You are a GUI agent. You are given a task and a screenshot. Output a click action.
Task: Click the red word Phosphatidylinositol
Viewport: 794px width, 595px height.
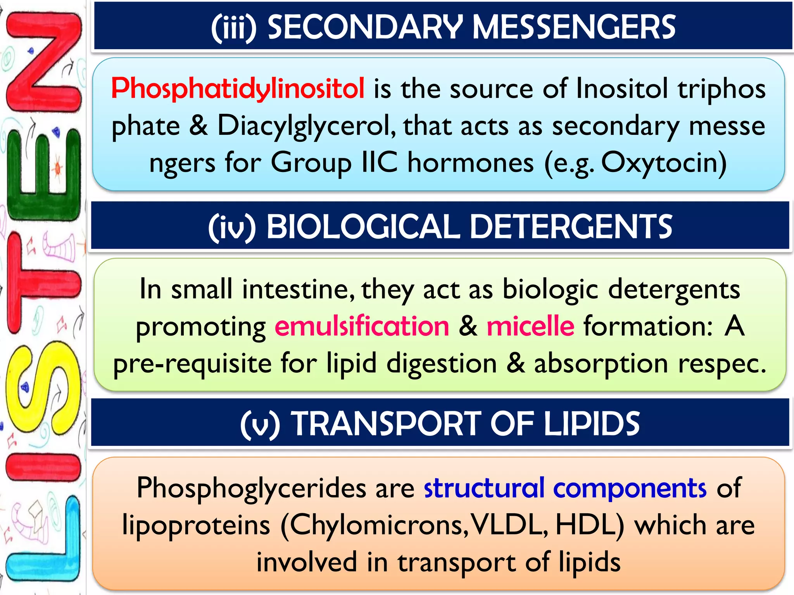tap(237, 88)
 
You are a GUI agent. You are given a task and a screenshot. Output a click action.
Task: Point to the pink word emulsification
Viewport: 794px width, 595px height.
tap(362, 326)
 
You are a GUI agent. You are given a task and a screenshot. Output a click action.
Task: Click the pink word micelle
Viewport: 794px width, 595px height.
tap(530, 326)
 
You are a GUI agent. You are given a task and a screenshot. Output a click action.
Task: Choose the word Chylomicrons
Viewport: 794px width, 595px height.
tap(376, 525)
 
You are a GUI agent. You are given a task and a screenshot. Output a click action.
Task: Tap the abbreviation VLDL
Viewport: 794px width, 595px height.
tap(507, 525)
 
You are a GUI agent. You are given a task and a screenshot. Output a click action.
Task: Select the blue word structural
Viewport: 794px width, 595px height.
tap(485, 488)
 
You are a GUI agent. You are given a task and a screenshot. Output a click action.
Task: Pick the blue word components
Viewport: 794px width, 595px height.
tap(630, 488)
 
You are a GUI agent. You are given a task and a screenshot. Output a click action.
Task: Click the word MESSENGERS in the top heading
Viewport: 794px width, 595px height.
tap(574, 27)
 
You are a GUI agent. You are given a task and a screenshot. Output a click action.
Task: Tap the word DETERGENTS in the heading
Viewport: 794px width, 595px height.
tap(571, 227)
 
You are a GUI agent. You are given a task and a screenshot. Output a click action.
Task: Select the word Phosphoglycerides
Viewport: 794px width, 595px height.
tap(251, 488)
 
